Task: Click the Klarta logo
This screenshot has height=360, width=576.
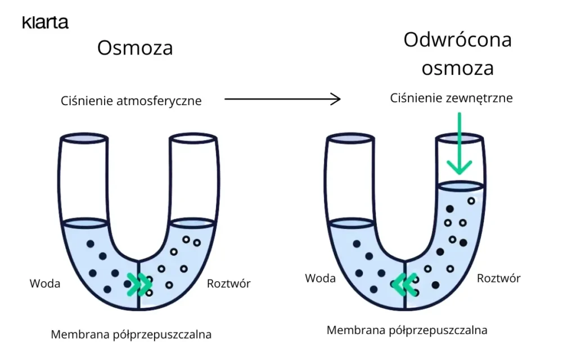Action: [x=45, y=22]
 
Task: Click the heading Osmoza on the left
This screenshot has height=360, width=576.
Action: [x=135, y=48]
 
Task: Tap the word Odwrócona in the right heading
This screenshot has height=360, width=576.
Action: [x=457, y=40]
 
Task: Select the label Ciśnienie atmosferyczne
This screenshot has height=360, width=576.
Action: [x=131, y=101]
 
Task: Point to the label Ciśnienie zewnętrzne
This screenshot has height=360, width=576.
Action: [x=451, y=98]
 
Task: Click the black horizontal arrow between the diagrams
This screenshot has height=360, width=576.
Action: [x=282, y=100]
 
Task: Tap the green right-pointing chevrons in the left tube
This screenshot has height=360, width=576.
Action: [x=139, y=284]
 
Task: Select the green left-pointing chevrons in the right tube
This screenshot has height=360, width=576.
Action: [x=404, y=284]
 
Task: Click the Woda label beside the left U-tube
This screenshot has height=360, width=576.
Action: [x=45, y=283]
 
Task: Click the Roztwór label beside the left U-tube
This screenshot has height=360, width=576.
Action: [x=228, y=283]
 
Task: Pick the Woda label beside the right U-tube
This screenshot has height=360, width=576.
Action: [x=320, y=278]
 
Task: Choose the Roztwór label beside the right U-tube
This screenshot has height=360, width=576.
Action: [x=498, y=278]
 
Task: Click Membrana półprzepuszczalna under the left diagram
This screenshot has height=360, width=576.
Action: [x=131, y=335]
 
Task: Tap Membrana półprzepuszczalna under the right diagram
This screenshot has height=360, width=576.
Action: [x=407, y=330]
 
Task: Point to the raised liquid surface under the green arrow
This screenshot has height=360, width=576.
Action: [x=460, y=185]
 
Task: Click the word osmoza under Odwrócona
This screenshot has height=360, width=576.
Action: [x=457, y=68]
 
